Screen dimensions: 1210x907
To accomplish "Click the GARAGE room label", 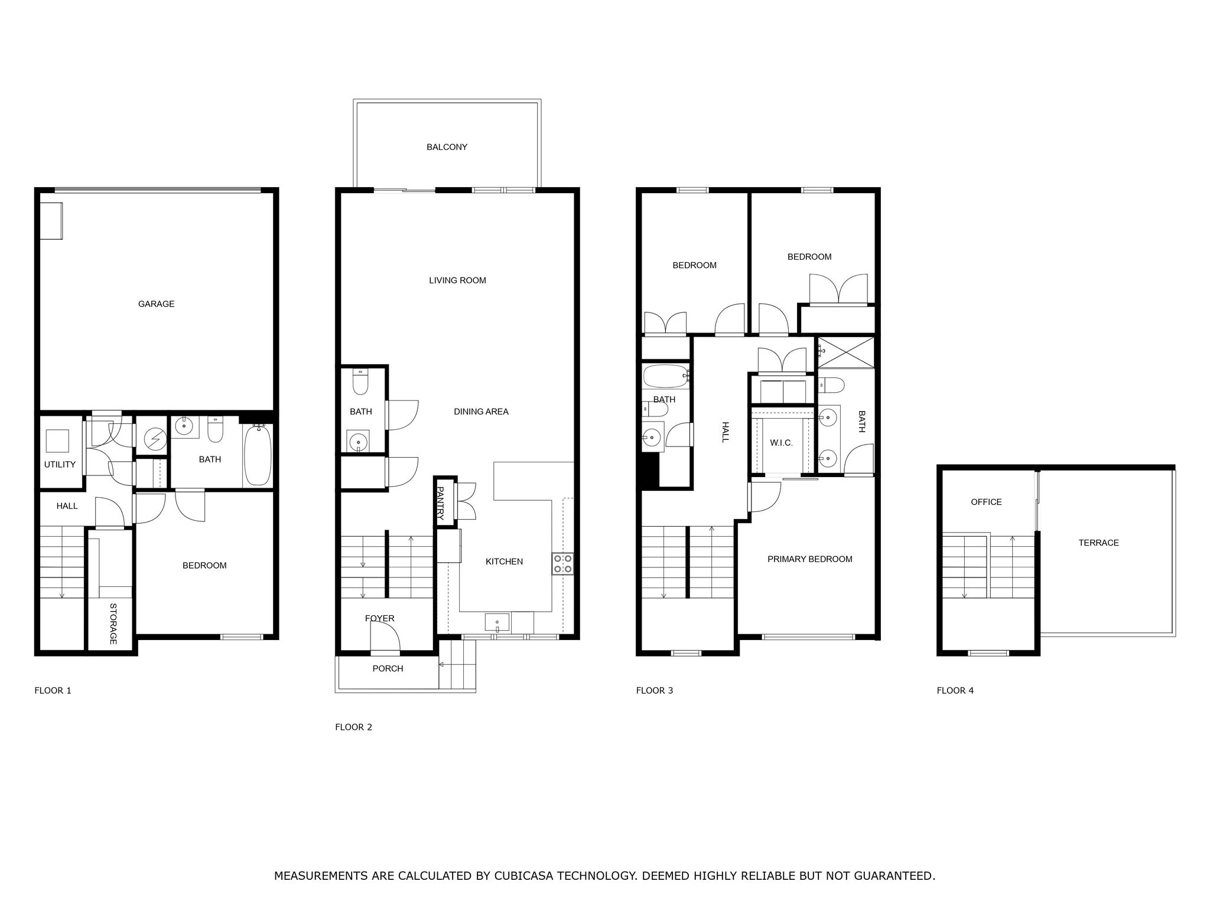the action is (156, 304).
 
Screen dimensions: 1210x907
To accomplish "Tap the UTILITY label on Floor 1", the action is (60, 465).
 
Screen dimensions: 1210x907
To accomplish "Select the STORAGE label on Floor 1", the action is (113, 624).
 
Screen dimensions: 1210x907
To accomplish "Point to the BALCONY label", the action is (447, 147).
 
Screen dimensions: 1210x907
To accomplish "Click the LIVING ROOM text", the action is (457, 280).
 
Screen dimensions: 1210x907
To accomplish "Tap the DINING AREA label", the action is (481, 412).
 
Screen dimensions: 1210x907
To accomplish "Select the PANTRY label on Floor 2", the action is (440, 503).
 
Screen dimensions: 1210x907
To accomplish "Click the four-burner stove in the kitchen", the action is (562, 564).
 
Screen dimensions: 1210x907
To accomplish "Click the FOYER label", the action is (379, 619).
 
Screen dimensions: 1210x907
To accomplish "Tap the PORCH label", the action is (388, 668).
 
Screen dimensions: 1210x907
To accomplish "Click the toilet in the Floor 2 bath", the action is (360, 382).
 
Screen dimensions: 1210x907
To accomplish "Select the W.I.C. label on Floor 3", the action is (781, 443).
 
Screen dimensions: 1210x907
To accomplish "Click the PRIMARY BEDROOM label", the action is (809, 559).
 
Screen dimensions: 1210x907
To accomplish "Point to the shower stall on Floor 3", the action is (845, 353).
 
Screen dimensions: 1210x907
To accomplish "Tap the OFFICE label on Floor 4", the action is (986, 502).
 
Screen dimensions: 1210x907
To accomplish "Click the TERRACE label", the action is (1098, 543).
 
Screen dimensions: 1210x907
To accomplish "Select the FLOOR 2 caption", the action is (353, 727).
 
